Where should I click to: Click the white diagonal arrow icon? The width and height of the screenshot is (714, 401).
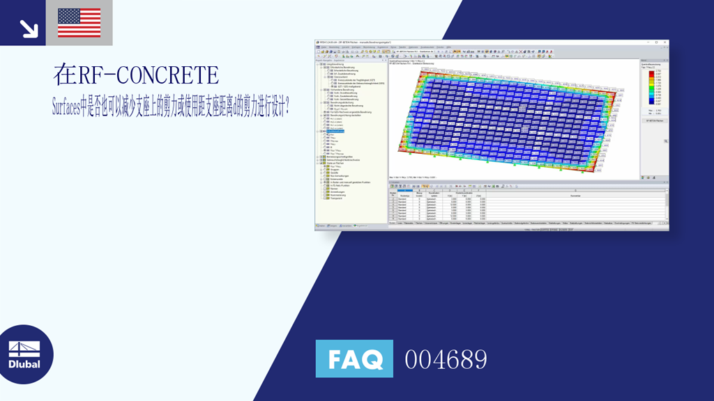coord(29,28)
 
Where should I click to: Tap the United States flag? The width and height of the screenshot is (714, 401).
coord(79,23)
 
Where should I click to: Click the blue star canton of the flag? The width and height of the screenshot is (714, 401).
coord(68,17)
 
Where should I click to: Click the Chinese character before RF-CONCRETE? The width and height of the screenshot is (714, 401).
coord(65,74)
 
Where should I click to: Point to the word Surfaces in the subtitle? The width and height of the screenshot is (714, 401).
coord(75,107)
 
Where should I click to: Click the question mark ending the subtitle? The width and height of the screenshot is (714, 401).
coord(287,107)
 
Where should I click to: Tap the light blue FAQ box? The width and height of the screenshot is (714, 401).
coord(354,359)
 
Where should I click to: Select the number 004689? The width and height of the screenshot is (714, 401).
coord(446,359)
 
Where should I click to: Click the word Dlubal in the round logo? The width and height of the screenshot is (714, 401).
coord(24,364)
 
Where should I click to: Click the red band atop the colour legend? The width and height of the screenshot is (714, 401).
coord(650,71)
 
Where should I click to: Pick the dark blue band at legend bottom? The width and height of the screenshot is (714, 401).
coord(650,102)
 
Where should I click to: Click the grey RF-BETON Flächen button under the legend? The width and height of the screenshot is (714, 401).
coord(654,121)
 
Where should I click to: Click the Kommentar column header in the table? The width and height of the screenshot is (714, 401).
coord(575,196)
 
